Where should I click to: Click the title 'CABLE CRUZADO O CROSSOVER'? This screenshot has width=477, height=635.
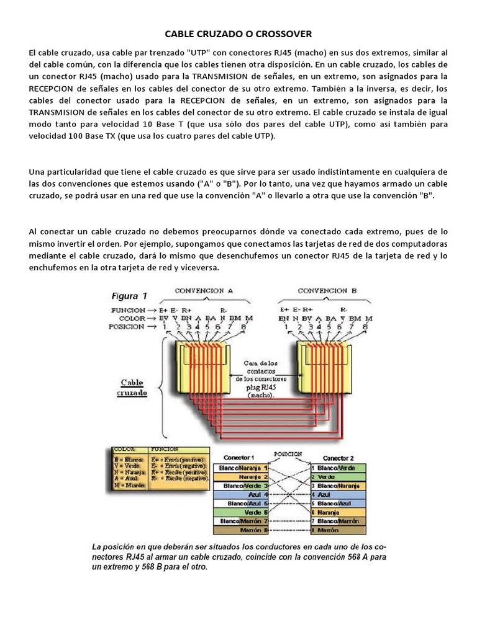pos(238,33)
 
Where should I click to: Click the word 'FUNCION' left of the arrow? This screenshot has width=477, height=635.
pos(129,309)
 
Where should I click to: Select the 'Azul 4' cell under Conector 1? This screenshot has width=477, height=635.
pos(240,495)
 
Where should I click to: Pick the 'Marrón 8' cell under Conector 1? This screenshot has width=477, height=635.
pos(240,530)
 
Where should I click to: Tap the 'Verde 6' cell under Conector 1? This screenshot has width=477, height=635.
pos(240,512)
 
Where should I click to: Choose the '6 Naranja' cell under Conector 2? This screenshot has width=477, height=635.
pos(338,512)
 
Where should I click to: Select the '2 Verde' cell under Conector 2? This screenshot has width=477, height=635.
pos(338,476)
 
